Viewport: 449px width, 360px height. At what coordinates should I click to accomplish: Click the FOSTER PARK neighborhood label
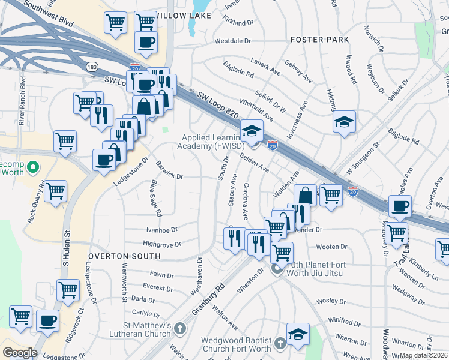[x=319, y=40]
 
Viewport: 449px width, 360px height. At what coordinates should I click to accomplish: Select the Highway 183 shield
[x=92, y=66]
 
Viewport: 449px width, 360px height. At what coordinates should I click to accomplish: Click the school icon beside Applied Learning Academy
[x=252, y=131]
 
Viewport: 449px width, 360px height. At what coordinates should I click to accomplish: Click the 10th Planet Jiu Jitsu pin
[x=277, y=268]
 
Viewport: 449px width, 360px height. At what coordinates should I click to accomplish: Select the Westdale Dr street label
[x=224, y=41]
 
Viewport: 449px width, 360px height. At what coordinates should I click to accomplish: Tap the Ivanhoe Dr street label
[x=162, y=229]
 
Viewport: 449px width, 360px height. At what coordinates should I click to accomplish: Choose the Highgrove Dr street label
[x=162, y=244]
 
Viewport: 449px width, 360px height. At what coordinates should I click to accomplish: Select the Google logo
[x=19, y=352]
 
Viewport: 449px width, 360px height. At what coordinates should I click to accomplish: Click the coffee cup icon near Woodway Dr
[x=400, y=206]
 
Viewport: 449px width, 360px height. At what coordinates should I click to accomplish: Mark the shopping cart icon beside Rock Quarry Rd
[x=56, y=191]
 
